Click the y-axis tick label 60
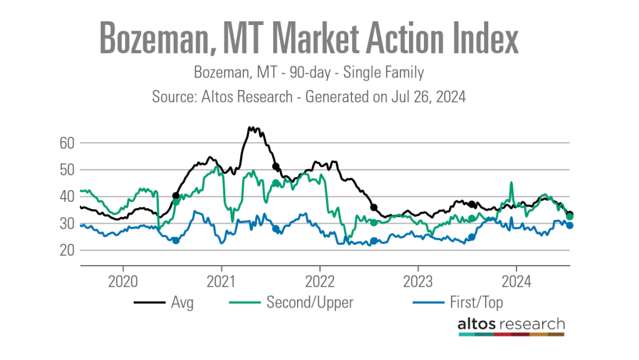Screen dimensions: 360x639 click(68, 142)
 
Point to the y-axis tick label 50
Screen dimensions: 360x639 click(68, 169)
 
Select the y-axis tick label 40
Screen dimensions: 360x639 click(68, 196)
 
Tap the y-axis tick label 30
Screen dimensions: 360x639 click(68, 223)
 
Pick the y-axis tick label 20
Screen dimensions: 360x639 click(68, 250)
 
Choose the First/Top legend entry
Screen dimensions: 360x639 click(475, 303)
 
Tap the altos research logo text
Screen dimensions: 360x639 click(510, 324)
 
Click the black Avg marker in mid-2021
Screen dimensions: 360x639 click(275, 166)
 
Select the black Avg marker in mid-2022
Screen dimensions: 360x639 click(374, 207)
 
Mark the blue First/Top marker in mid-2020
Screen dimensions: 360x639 click(176, 241)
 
